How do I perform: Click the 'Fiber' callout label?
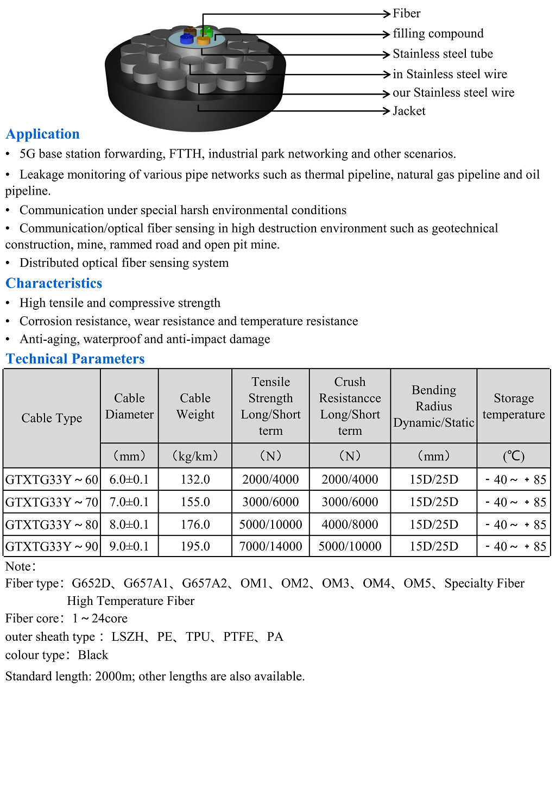pyautogui.click(x=406, y=14)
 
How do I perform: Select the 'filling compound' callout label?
pyautogui.click(x=438, y=34)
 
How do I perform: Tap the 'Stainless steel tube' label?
pyautogui.click(x=443, y=54)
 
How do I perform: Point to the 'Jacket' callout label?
pyautogui.click(x=409, y=111)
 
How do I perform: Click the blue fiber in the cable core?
pyautogui.click(x=186, y=39)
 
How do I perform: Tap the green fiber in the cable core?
pyautogui.click(x=207, y=31)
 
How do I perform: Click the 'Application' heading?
pyautogui.click(x=43, y=134)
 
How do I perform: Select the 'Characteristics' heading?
pyautogui.click(x=54, y=283)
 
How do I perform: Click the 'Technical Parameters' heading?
pyautogui.click(x=75, y=359)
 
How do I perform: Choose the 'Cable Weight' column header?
pyautogui.click(x=195, y=406)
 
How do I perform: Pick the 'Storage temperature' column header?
pyautogui.click(x=514, y=406)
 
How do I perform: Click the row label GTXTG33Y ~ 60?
pyautogui.click(x=52, y=479)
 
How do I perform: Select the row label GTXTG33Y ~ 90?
pyautogui.click(x=52, y=546)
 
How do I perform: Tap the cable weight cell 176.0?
pyautogui.click(x=195, y=524)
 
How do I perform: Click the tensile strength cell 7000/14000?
pyautogui.click(x=270, y=546)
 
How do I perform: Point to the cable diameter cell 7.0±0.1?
pyautogui.click(x=129, y=502)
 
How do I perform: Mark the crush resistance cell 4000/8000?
pyautogui.click(x=350, y=524)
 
